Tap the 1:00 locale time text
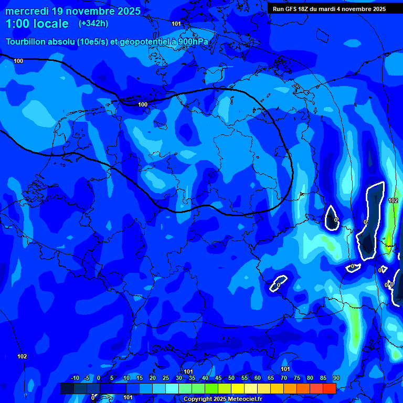pyautogui.click(x=37, y=24)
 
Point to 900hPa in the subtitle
pyautogui.click(x=192, y=41)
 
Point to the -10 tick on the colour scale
pyautogui.click(x=75, y=378)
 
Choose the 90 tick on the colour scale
pyautogui.click(x=336, y=378)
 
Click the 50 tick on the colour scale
pyautogui.click(x=231, y=378)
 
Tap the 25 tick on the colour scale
pyautogui.click(x=165, y=378)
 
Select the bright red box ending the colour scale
pyautogui.click(x=329, y=388)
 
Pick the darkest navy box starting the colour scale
pyautogui.click(x=67, y=388)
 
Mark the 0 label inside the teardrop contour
pyautogui.click(x=336, y=220)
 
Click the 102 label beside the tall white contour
pyautogui.click(x=393, y=201)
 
